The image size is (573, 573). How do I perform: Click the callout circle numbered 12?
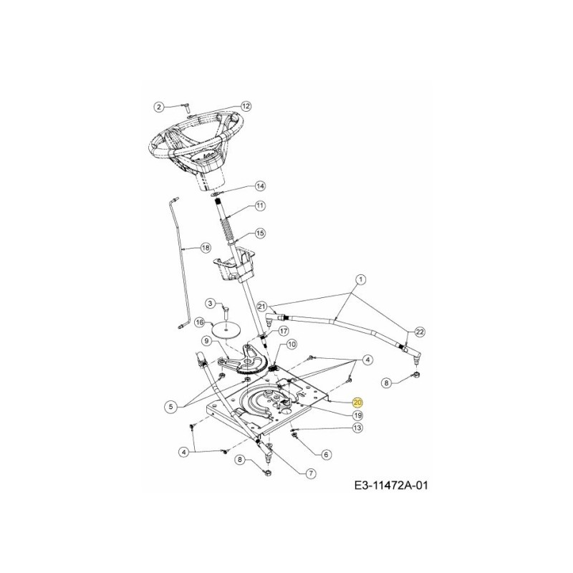[x=246, y=106]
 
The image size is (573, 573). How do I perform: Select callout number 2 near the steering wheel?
[x=159, y=106]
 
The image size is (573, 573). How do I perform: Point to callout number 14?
[x=260, y=186]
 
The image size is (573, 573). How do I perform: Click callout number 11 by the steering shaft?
[x=260, y=206]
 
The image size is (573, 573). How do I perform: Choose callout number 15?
[x=260, y=233]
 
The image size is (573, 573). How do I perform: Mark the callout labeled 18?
[x=206, y=247]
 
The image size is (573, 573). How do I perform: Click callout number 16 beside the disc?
[x=199, y=324]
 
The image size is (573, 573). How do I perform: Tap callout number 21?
[x=262, y=306]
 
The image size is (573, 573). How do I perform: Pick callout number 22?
[x=420, y=332]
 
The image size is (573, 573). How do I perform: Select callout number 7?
[x=311, y=472]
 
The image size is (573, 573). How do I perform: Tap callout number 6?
[x=327, y=453]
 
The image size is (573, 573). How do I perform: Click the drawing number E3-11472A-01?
[x=391, y=486]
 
